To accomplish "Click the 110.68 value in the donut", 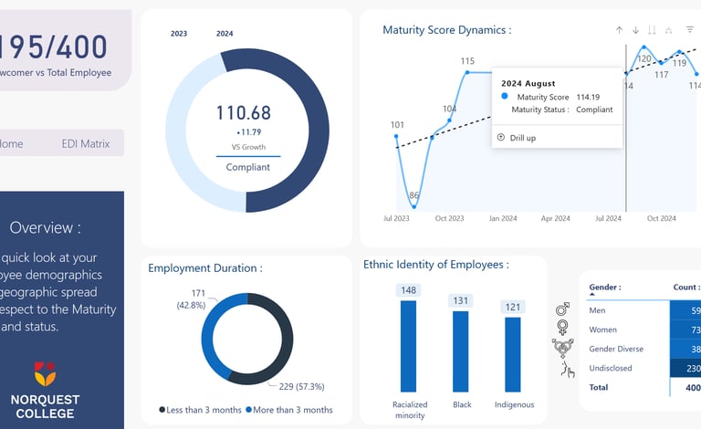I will coord(244,113).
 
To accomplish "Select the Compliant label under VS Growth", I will coord(248,167).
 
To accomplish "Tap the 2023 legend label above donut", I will coord(179,34).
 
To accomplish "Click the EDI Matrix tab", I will coord(85,143).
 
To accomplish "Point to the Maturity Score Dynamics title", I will coord(446,30).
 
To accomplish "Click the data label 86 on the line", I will coord(414,195).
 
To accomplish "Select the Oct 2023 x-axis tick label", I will coord(449,219).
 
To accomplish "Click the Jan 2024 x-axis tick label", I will coord(503,219).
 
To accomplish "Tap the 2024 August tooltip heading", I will coord(528,84).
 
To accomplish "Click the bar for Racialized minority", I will coord(409,346).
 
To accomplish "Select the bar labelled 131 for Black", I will coord(461,351).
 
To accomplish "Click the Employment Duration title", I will coord(205,268).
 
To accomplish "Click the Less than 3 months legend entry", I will coord(200,410).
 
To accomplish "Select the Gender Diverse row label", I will coord(616,349).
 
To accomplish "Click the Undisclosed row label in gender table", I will coord(613,368).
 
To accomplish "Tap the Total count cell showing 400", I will coord(690,387).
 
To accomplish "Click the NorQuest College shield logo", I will coord(45,372).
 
